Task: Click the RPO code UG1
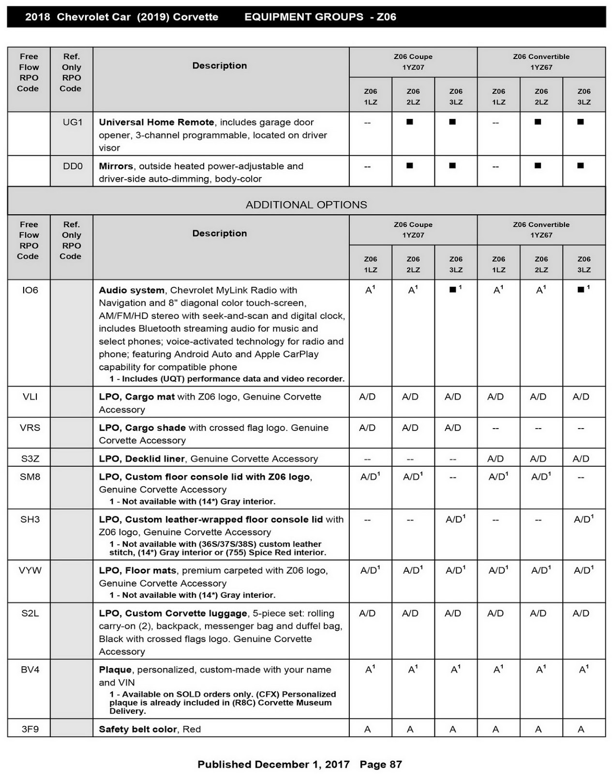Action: [x=73, y=122]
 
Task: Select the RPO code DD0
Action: [x=73, y=166]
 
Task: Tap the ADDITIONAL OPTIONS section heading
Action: [x=306, y=205]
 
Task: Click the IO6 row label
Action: [x=30, y=290]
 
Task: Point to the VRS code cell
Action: [x=30, y=428]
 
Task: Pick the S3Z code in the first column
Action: [x=30, y=459]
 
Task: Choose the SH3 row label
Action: [x=30, y=520]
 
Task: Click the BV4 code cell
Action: [x=30, y=670]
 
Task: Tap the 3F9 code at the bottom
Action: [x=30, y=729]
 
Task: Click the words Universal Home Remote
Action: [x=156, y=122]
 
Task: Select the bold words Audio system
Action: [x=132, y=290]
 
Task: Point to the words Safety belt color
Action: [x=138, y=729]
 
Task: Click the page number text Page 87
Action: [x=381, y=764]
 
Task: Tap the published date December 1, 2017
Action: [x=302, y=764]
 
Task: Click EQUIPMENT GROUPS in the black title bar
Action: [x=304, y=17]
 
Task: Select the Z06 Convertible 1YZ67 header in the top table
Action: [x=541, y=62]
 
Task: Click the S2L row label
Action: [x=30, y=613]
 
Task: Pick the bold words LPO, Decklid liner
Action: [x=142, y=459]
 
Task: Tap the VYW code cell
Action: [x=30, y=571]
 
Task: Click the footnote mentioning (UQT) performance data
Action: [x=227, y=379]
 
